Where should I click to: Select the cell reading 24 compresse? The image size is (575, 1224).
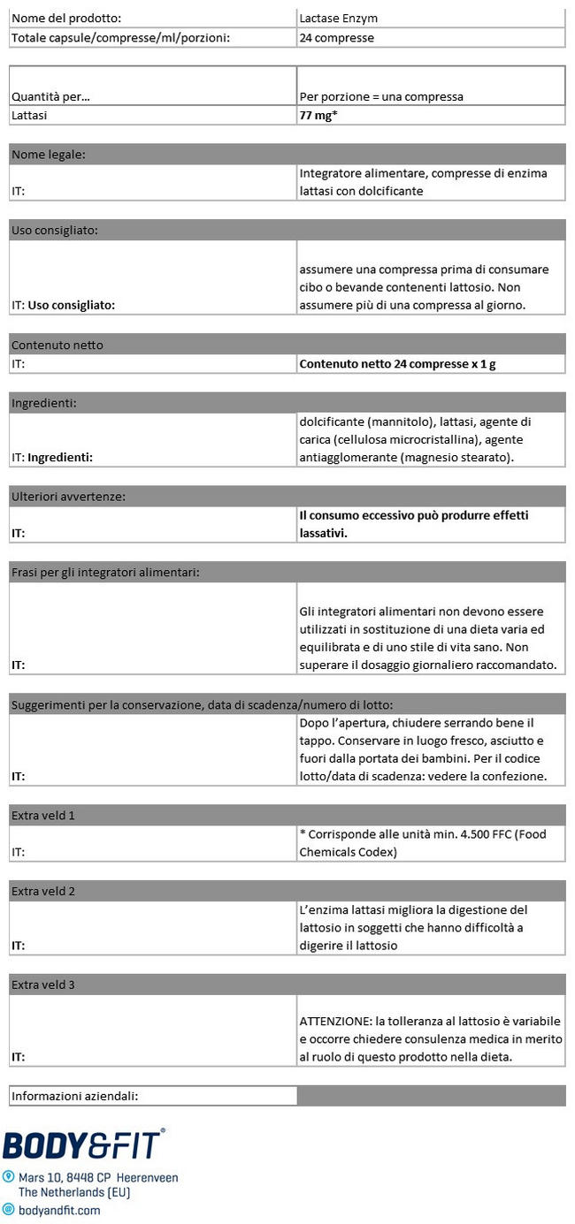click(x=337, y=38)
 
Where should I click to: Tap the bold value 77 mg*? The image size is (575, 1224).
click(x=318, y=115)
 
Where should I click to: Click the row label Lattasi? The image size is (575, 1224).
click(x=29, y=115)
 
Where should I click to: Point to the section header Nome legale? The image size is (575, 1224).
click(x=49, y=155)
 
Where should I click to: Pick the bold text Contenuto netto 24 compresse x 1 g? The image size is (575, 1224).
click(x=397, y=363)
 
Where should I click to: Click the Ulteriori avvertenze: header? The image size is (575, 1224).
click(x=68, y=497)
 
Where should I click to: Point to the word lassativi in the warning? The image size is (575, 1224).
click(x=322, y=533)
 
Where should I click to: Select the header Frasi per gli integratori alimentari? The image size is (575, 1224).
click(x=105, y=573)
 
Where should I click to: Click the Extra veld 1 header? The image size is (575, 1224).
click(x=42, y=815)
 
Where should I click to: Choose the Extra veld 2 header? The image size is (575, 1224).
click(x=42, y=891)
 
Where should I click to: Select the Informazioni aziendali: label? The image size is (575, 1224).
click(x=74, y=1096)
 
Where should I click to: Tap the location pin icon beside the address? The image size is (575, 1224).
click(x=9, y=1177)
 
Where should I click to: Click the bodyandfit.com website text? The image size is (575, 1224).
click(x=59, y=1210)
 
